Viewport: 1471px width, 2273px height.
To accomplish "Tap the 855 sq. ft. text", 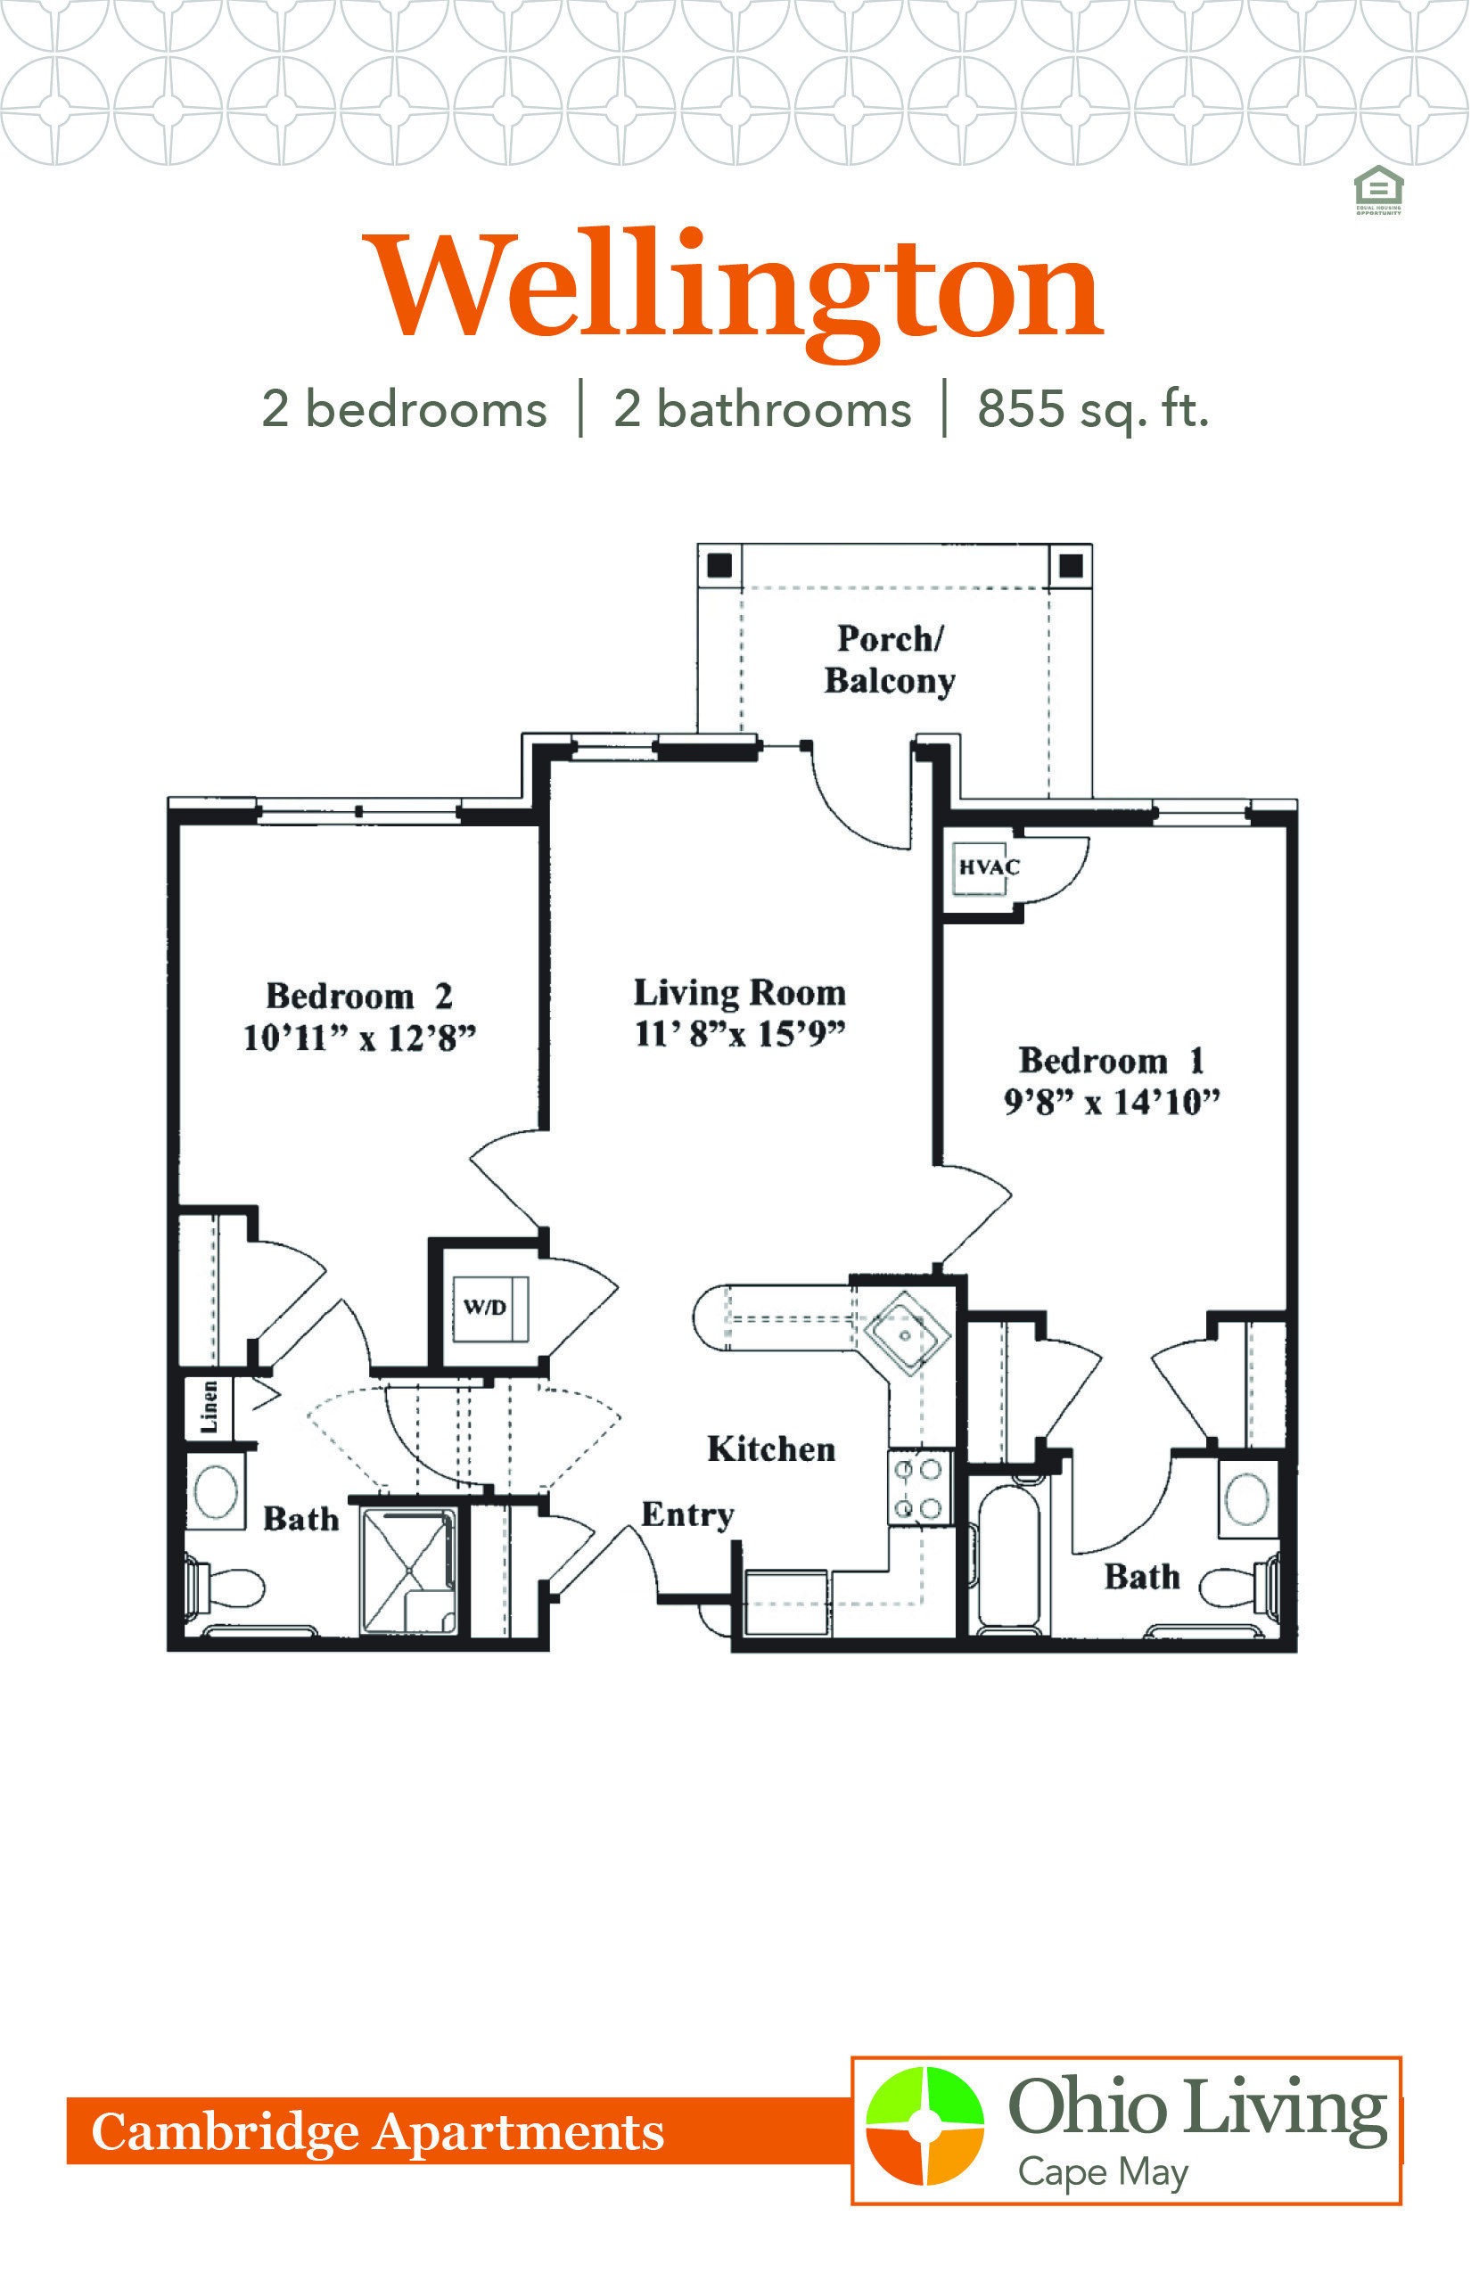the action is pos(1093,410).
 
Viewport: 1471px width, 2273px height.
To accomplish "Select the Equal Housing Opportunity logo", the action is pos(1378,190).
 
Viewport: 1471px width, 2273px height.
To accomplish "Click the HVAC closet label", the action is pos(989,867).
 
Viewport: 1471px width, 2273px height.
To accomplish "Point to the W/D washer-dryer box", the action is pos(490,1309).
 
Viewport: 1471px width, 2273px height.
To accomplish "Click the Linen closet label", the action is pos(209,1407).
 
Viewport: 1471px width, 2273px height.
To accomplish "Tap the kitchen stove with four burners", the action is pos(920,1488).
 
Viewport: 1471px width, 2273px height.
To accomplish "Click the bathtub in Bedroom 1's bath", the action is pos(1008,1555).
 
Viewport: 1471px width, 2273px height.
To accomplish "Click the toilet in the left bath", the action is pos(226,1587).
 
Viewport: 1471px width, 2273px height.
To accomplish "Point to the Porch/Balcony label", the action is pos(891,660).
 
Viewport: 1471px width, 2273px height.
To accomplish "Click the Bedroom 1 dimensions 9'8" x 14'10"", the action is pos(1112,1102).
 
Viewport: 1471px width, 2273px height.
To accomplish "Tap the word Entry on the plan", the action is pos(687,1514).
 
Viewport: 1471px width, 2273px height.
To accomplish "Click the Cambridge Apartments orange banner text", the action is pos(377,2131).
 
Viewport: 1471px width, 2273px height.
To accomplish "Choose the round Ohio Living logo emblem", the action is pos(925,2126).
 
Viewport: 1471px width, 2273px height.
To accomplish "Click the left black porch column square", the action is pos(719,565).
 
